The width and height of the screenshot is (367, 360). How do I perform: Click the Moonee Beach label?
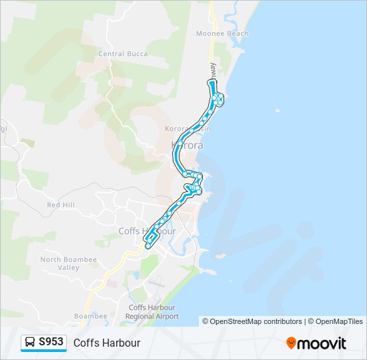222,33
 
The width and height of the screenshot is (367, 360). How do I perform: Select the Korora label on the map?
188,145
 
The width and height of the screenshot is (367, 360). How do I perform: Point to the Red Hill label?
62,205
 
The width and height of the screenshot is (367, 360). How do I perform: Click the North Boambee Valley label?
69,263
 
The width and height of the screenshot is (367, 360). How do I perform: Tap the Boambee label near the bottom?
91,316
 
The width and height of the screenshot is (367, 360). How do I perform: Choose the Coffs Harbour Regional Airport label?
153,312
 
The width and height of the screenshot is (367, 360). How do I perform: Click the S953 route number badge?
51,342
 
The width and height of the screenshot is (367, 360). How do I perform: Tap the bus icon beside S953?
30,342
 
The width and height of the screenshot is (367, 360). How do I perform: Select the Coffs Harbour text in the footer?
107,343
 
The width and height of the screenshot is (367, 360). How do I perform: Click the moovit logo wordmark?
322,343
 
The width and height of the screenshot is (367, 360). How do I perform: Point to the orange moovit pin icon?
291,343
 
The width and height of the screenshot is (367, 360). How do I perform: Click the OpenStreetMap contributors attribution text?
256,321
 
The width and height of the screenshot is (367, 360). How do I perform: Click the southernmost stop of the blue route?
147,246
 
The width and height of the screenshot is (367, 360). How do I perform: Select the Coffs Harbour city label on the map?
147,231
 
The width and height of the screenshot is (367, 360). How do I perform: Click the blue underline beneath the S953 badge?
44,351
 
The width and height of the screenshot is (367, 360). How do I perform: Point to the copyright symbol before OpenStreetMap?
206,321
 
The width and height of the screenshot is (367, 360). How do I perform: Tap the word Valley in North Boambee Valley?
69,268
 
